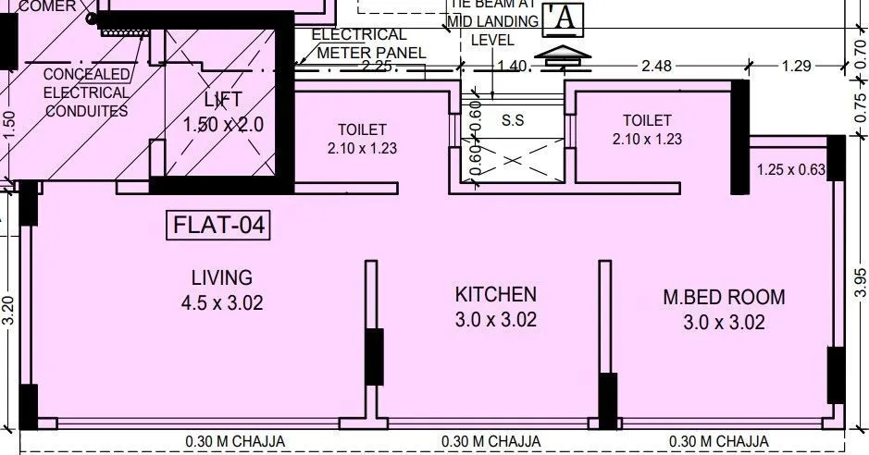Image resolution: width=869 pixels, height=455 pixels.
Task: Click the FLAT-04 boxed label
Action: pos(217,226)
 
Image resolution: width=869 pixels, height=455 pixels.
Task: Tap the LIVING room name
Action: pos(221,277)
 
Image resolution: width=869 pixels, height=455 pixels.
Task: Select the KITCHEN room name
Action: pos(495,295)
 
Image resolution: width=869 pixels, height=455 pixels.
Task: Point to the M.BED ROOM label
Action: pos(724,298)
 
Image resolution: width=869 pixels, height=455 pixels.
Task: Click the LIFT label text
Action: pos(221,100)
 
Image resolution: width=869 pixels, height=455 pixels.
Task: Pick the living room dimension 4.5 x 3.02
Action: pos(221,302)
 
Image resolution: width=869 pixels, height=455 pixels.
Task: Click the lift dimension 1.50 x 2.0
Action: pos(223,125)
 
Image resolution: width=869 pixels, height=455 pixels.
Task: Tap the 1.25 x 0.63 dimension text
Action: pos(790,169)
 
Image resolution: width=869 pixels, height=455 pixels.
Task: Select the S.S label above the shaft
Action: pos(512,120)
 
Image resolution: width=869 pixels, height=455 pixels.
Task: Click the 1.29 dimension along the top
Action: pos(796,66)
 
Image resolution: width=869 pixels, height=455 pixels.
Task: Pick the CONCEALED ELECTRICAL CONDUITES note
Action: pos(86,92)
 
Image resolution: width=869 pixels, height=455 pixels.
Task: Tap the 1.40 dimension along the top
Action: pos(512,66)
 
